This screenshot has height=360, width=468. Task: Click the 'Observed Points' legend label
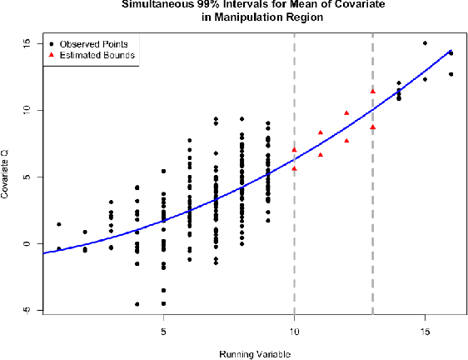click(96, 42)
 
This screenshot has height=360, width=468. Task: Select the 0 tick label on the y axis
click(27, 243)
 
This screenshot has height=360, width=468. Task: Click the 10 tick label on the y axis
click(27, 110)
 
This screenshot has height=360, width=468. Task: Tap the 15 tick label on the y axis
click(27, 43)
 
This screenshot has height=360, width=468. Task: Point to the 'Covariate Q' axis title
click(7, 177)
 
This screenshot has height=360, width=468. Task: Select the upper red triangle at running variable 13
click(373, 91)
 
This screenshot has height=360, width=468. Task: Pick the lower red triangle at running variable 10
click(295, 168)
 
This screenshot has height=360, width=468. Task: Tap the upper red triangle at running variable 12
click(346, 112)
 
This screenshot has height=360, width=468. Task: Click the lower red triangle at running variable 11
click(321, 154)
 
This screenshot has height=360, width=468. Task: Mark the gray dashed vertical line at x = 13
click(372, 208)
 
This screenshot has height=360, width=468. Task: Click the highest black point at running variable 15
click(425, 43)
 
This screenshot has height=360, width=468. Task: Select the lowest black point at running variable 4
click(137, 304)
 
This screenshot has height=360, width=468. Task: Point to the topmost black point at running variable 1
click(59, 224)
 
